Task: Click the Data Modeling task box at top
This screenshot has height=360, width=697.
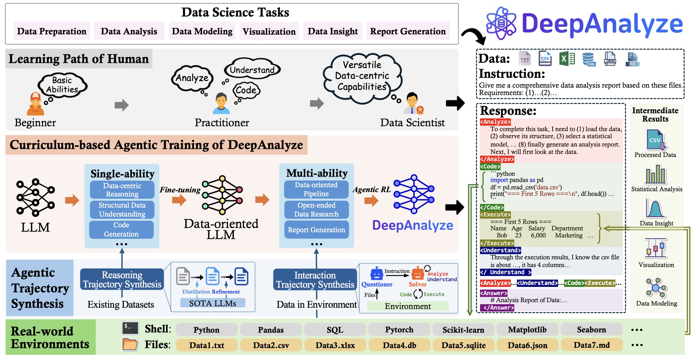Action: tap(202, 31)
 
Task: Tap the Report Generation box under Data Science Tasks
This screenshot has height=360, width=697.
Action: tap(408, 31)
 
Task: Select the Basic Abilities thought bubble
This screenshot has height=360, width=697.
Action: tap(63, 85)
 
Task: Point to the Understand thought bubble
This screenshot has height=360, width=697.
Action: tap(252, 70)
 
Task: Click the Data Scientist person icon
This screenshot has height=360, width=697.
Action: tap(412, 104)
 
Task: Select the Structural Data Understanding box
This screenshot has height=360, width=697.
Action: tap(122, 210)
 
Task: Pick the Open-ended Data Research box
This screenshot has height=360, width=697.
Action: tap(316, 210)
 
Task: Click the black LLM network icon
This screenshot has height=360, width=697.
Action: tap(35, 197)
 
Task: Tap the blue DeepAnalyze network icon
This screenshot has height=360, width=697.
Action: tap(414, 194)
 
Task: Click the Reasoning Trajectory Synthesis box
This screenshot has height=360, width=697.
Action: tap(122, 280)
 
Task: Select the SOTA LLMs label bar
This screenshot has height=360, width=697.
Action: tap(213, 303)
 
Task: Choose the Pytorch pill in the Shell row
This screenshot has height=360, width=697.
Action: tap(399, 330)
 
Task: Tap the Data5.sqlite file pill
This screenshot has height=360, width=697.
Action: tap(463, 345)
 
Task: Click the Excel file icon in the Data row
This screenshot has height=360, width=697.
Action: tap(567, 59)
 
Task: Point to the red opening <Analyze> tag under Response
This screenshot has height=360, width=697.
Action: tap(495, 122)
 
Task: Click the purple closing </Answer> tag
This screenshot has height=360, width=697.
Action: tap(497, 308)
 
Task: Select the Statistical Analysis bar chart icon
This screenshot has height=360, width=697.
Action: tap(656, 175)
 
